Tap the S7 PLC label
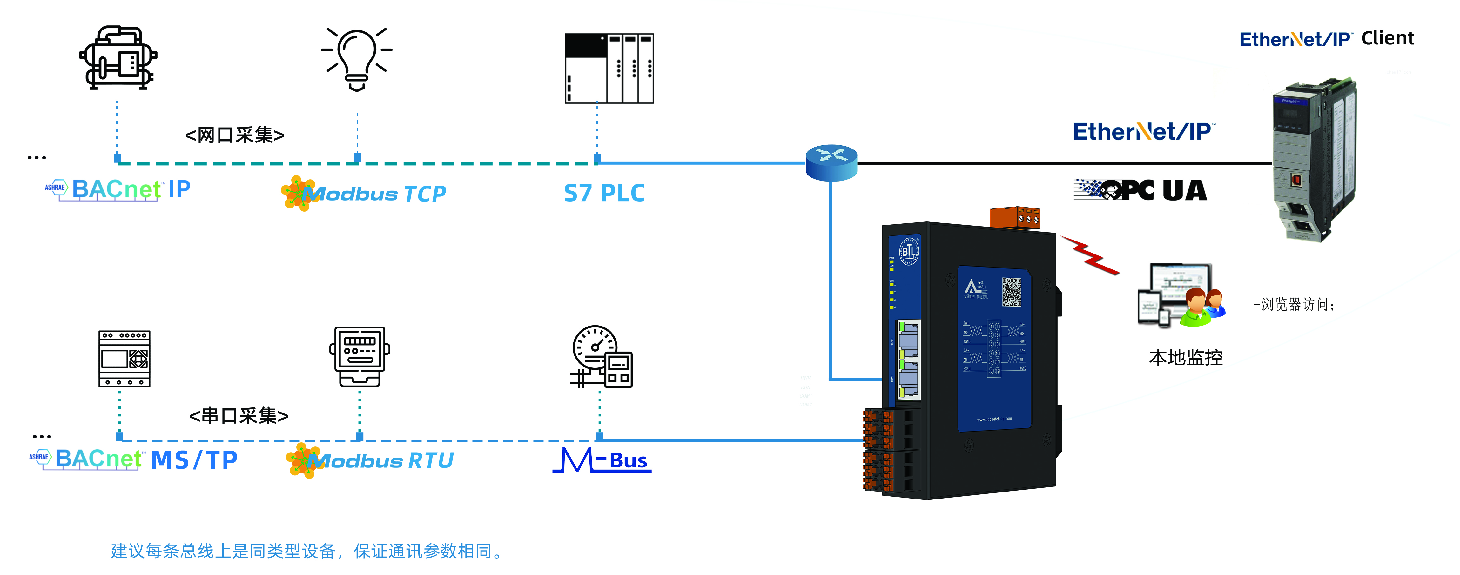[604, 193]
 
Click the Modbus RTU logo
[370, 460]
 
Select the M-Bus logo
[602, 460]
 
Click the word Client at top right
[1388, 38]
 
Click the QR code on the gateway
[1012, 292]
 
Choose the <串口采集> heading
[239, 416]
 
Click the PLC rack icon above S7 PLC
[609, 68]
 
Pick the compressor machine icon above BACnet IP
[118, 58]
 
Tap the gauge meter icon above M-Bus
[601, 357]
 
